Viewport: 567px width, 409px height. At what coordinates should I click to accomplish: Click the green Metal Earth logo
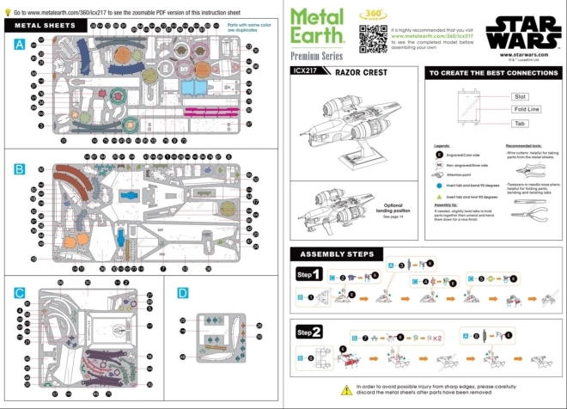click(x=317, y=26)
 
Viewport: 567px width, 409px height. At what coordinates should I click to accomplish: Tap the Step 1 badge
click(x=309, y=275)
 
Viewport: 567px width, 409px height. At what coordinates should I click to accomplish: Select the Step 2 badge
click(x=309, y=332)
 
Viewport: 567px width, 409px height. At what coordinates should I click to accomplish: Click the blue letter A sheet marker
click(x=19, y=45)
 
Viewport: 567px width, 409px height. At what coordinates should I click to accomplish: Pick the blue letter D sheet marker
click(x=182, y=293)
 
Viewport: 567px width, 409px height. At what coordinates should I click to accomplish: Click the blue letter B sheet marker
click(x=19, y=169)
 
